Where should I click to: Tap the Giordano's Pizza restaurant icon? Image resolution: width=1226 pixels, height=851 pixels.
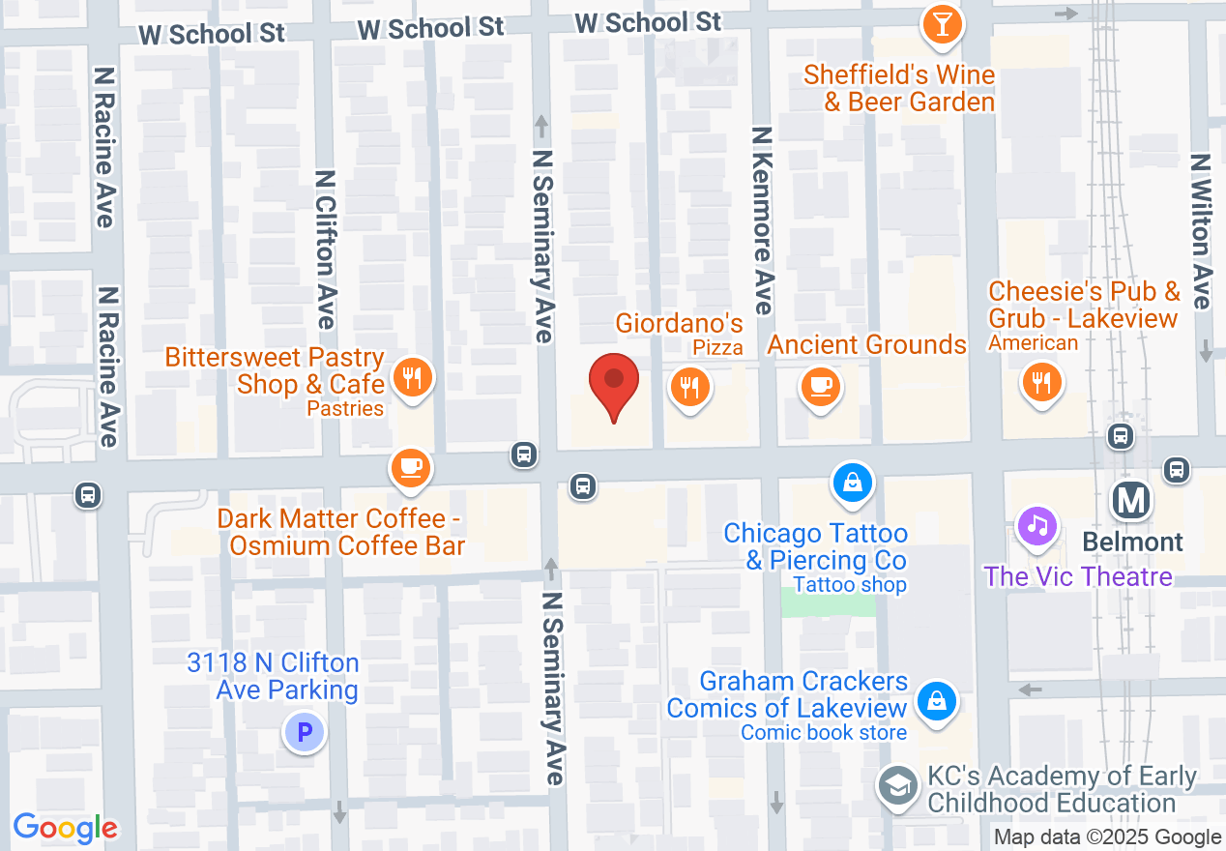[x=688, y=389]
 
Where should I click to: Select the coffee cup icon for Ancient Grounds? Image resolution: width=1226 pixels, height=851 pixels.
[x=820, y=388]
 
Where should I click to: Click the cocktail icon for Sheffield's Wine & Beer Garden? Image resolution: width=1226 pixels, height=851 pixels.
[x=942, y=23]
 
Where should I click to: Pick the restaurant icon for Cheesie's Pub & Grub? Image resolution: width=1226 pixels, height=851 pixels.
[x=1041, y=383]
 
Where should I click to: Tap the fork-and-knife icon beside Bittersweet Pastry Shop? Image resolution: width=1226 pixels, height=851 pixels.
[x=413, y=377]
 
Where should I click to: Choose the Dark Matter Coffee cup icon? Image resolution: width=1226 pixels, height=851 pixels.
[x=410, y=468]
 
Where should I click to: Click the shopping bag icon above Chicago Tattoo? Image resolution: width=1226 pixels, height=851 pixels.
[x=852, y=482]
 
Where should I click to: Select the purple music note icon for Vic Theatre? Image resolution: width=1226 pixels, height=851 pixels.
[x=1036, y=526]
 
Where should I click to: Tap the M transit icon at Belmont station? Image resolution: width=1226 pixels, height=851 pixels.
[x=1131, y=500]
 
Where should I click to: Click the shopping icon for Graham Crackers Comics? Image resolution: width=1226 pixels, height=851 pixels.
[x=936, y=701]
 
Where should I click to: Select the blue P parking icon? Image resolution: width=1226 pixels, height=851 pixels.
[x=305, y=733]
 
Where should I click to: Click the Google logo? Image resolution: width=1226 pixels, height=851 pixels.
[x=66, y=828]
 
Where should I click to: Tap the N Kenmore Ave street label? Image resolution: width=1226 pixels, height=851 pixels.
[x=763, y=220]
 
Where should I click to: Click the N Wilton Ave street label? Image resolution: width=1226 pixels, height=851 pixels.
[x=1201, y=232]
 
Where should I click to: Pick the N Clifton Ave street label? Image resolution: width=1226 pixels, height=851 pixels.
[x=325, y=249]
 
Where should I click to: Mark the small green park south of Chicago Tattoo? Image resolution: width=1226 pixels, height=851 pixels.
[x=828, y=602]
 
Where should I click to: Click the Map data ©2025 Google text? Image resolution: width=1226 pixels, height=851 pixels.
[x=1108, y=837]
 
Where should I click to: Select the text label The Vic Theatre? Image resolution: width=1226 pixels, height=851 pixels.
[x=1078, y=577]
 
